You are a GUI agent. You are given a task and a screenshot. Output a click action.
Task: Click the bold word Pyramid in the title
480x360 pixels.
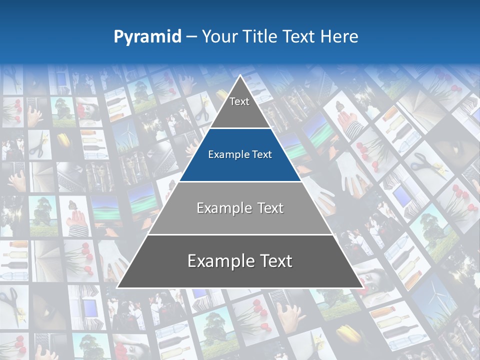147,36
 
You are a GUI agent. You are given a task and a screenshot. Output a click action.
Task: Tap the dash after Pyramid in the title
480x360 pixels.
191,37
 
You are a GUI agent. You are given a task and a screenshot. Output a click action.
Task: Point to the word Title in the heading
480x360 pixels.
259,36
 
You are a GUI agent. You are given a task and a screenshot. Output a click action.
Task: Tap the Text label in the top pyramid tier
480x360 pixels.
239,101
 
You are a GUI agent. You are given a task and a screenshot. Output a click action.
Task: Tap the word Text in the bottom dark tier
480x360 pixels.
273,261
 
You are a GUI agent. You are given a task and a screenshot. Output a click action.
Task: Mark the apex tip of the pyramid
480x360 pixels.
240,75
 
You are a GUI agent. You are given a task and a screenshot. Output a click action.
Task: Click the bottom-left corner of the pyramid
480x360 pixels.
117,287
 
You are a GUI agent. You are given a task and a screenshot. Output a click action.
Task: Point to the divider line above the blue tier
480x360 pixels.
240,128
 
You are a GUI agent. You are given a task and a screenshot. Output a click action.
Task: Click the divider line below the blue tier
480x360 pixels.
240,181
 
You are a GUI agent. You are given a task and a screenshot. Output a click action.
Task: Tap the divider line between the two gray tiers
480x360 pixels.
240,234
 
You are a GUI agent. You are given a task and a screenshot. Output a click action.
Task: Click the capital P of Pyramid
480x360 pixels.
118,36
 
